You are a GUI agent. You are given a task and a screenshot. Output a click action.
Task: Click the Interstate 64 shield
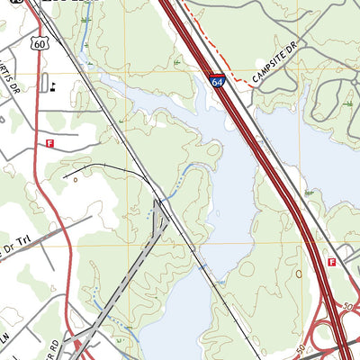click(219, 81)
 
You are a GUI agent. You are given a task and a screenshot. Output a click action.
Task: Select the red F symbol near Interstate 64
click(332, 262)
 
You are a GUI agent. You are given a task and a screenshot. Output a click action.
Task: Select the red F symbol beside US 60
click(50, 142)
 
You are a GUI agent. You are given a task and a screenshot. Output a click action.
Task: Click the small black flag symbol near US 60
click(54, 87)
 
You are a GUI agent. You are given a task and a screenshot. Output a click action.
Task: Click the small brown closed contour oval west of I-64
click(299, 274)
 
